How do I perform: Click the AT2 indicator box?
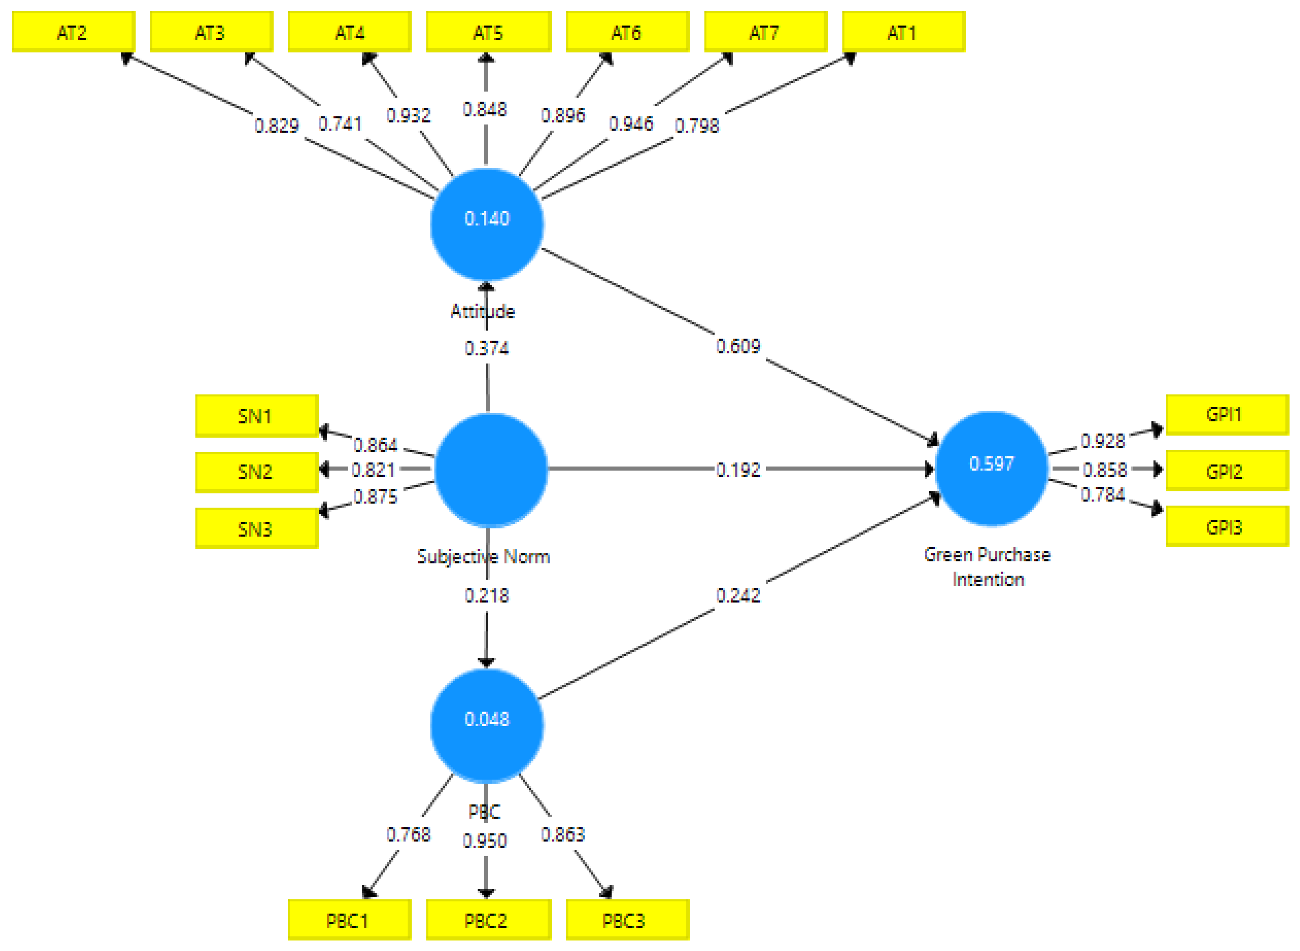point(73,32)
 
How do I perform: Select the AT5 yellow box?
point(488,32)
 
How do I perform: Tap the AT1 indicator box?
point(903,32)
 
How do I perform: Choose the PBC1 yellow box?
point(349,921)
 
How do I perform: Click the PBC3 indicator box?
point(627,921)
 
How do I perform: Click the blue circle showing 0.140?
point(486,224)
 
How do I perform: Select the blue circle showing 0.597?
point(991,468)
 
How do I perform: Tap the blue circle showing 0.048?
point(486,725)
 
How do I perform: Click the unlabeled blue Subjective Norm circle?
point(490,469)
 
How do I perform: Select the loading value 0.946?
point(630,123)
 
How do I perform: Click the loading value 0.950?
point(485,841)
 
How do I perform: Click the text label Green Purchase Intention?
point(987,566)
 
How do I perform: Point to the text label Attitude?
point(483,311)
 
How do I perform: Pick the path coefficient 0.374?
point(486,348)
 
